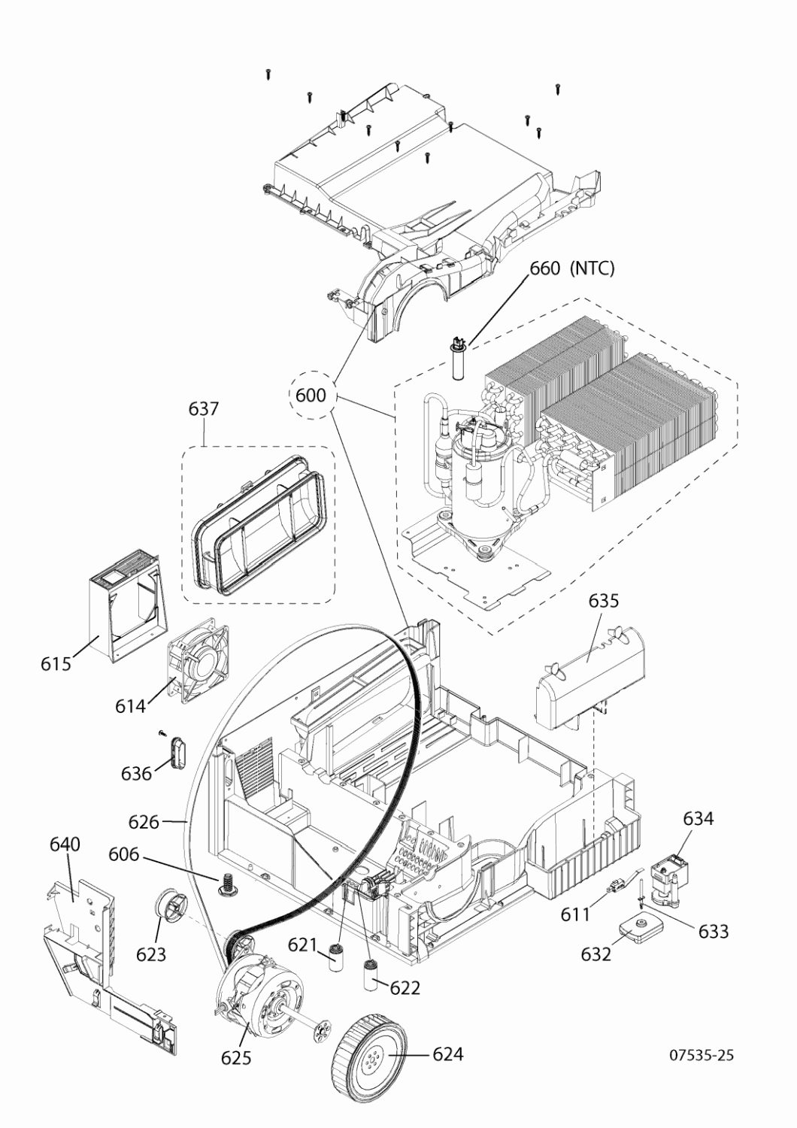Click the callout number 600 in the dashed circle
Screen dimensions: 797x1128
(311, 396)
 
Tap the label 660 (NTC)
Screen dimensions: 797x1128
(572, 268)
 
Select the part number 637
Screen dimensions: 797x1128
(204, 408)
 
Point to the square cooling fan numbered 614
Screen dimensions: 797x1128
(196, 660)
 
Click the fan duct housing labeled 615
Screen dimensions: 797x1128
(123, 606)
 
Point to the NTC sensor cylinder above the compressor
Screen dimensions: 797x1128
(458, 359)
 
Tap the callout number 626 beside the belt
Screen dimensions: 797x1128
(144, 823)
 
